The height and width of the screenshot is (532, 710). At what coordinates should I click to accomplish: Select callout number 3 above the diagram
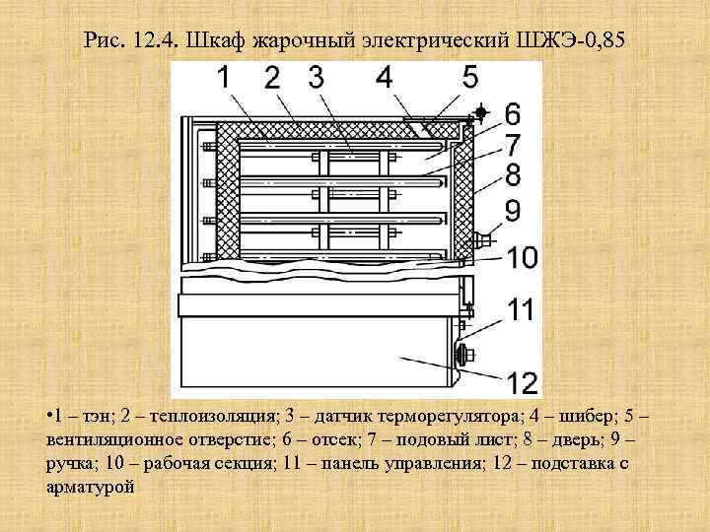[315, 78]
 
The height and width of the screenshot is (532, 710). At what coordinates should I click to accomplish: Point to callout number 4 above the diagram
[384, 78]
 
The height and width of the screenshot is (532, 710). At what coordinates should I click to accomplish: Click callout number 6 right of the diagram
[514, 112]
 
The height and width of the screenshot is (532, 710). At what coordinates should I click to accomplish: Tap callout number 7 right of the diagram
[514, 144]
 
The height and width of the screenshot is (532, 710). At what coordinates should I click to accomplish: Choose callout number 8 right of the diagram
[514, 176]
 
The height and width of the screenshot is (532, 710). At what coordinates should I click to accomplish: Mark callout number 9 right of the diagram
[514, 211]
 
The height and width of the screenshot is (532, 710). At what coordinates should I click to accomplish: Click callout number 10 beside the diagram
[523, 259]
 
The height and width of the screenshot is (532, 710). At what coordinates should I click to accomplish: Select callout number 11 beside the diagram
[522, 311]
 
